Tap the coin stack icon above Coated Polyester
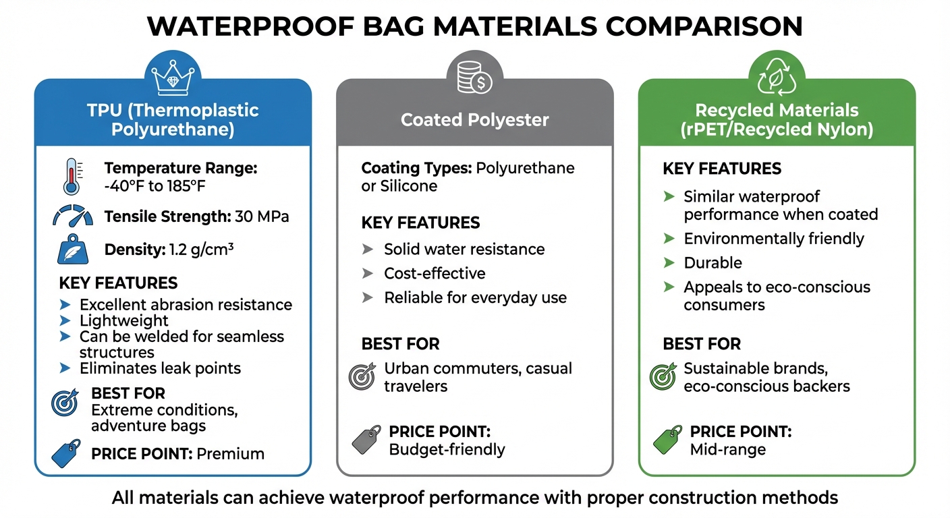tap(474, 78)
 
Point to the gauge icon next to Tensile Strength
tap(72, 217)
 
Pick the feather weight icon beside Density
tap(72, 250)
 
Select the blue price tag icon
tap(66, 454)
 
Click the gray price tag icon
tap(366, 440)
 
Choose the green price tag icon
tap(667, 440)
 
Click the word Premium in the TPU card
tap(230, 454)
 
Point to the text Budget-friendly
tap(447, 449)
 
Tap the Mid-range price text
tap(727, 449)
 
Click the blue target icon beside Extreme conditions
tap(65, 403)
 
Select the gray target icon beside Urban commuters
tap(362, 377)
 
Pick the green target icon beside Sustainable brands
tap(663, 377)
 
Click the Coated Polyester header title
tap(474, 120)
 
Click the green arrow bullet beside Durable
tap(669, 263)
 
